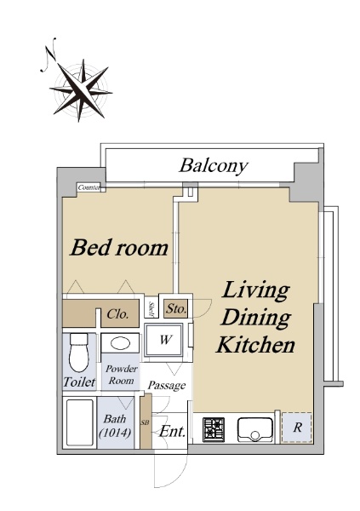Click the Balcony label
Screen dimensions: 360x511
click(214, 166)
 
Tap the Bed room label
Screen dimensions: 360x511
click(119, 248)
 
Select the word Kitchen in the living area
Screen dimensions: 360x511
click(256, 345)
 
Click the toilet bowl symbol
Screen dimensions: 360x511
click(79, 353)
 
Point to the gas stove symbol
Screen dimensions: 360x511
click(214, 429)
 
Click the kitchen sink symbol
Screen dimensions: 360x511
click(255, 429)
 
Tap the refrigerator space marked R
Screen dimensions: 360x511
click(297, 428)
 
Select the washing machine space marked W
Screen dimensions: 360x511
click(164, 340)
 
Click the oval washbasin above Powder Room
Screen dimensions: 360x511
click(120, 343)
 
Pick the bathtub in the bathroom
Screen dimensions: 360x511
click(79, 422)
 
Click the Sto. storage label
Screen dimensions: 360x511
click(176, 308)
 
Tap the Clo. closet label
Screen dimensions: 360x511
click(117, 314)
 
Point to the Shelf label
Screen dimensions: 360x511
click(151, 309)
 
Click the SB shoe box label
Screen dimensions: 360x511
click(145, 422)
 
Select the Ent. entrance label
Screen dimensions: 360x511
click(173, 432)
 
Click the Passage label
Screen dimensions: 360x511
click(167, 386)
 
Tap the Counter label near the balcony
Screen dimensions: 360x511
click(89, 187)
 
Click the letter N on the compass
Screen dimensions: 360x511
click(49, 55)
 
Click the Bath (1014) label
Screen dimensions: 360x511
click(116, 426)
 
